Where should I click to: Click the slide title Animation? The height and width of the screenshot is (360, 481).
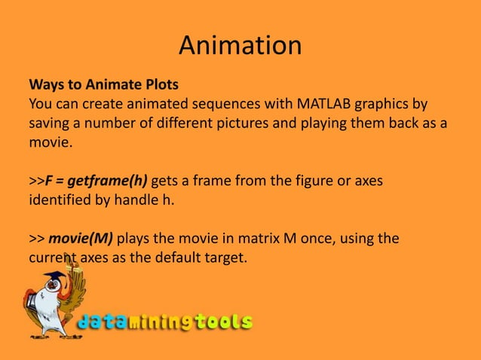[240, 47]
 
